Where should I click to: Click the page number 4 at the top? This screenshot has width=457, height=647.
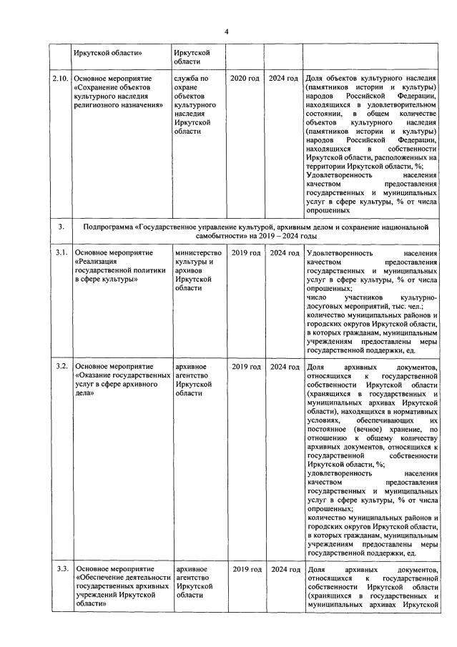tap(227, 31)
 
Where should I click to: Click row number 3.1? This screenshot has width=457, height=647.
tap(61, 253)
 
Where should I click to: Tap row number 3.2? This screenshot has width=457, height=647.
tap(61, 367)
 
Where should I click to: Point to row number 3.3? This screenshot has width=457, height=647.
tap(61, 568)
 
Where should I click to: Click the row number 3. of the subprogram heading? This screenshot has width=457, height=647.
tap(61, 227)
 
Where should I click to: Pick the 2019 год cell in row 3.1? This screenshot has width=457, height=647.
tap(245, 253)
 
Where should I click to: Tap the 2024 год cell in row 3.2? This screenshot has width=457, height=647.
tap(283, 367)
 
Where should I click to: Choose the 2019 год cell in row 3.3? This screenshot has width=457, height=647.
tap(245, 568)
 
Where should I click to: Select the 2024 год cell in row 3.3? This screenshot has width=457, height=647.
tap(283, 568)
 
